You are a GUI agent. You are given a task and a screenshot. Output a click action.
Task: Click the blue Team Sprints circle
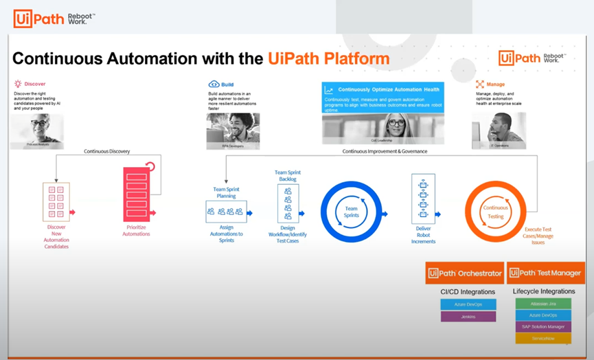[x=351, y=213]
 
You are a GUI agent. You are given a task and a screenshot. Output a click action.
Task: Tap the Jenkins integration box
[x=468, y=317]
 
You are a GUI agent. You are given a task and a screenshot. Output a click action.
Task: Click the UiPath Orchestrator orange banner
[x=465, y=273]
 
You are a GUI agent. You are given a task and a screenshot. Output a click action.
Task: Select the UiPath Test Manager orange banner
[x=546, y=273]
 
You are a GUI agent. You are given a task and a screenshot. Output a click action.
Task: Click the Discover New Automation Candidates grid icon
[x=56, y=202]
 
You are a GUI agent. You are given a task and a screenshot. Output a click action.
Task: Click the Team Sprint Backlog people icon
[x=288, y=203]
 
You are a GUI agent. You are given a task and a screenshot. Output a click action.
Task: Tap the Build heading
[x=220, y=85]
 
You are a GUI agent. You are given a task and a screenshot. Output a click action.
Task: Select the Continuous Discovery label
[x=106, y=151]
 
